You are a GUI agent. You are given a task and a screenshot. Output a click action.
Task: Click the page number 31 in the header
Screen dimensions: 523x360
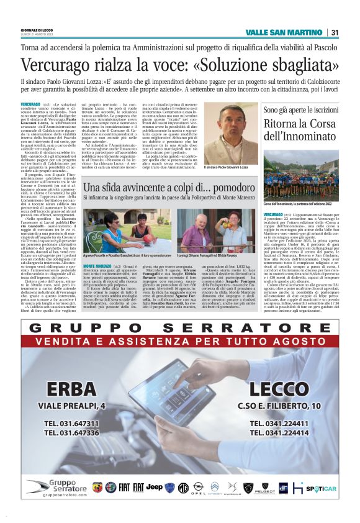335,32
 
